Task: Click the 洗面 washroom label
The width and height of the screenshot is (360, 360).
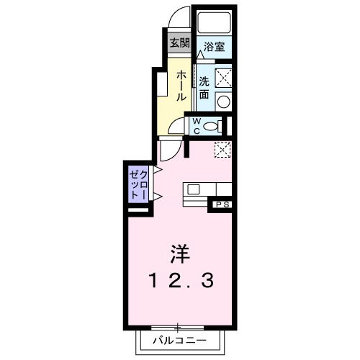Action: (204, 87)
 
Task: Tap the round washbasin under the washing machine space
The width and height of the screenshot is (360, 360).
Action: (224, 102)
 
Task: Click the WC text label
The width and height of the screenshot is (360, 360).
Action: (195, 125)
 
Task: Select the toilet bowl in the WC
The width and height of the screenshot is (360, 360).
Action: (212, 126)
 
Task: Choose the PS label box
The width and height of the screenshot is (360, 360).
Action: (222, 204)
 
